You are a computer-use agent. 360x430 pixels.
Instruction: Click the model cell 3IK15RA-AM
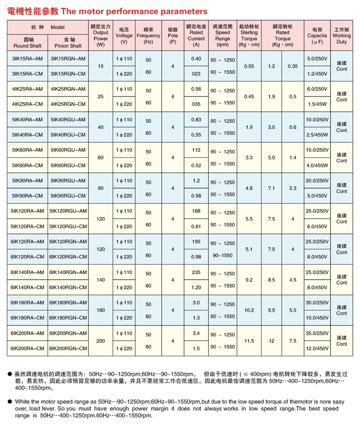coord(27,59)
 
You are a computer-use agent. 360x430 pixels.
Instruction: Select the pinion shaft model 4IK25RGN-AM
coord(68,89)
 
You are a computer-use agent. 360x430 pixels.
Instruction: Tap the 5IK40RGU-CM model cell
coord(68,135)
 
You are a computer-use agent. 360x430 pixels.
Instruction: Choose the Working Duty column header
coord(342,35)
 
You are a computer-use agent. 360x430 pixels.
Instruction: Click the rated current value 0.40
coord(196,59)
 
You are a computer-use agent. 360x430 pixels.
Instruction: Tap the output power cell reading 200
coord(100,341)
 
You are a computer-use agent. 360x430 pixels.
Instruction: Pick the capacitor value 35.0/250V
coord(317,334)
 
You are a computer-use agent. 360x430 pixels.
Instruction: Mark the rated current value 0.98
coord(196,257)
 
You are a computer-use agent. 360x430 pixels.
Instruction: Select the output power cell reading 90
coord(100,188)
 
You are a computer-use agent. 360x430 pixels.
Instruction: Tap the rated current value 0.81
coord(196,226)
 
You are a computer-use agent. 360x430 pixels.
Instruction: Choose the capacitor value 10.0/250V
coord(317,120)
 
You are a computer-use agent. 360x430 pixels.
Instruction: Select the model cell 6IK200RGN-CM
coord(68,349)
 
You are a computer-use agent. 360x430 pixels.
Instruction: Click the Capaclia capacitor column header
coord(317,35)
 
